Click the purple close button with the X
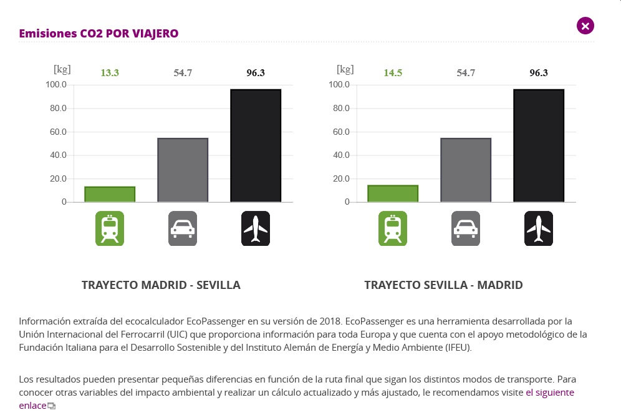(x=585, y=26)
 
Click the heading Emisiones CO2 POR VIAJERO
(x=99, y=34)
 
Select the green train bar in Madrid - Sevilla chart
(x=110, y=194)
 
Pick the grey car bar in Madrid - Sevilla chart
(x=183, y=170)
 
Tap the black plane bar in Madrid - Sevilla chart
(x=256, y=145)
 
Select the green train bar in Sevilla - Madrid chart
(x=393, y=193)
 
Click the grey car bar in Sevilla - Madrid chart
(x=466, y=170)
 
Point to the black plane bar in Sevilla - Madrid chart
(x=539, y=145)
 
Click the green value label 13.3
(x=110, y=73)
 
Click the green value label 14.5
(x=393, y=73)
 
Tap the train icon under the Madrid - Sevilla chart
(x=110, y=228)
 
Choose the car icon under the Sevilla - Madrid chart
(x=466, y=228)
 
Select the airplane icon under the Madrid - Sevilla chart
(x=256, y=228)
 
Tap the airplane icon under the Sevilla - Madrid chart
(x=539, y=228)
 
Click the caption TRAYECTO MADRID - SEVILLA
(x=161, y=285)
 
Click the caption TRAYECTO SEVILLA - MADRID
(x=443, y=285)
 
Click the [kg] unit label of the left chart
(x=62, y=69)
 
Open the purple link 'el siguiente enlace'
(x=549, y=393)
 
